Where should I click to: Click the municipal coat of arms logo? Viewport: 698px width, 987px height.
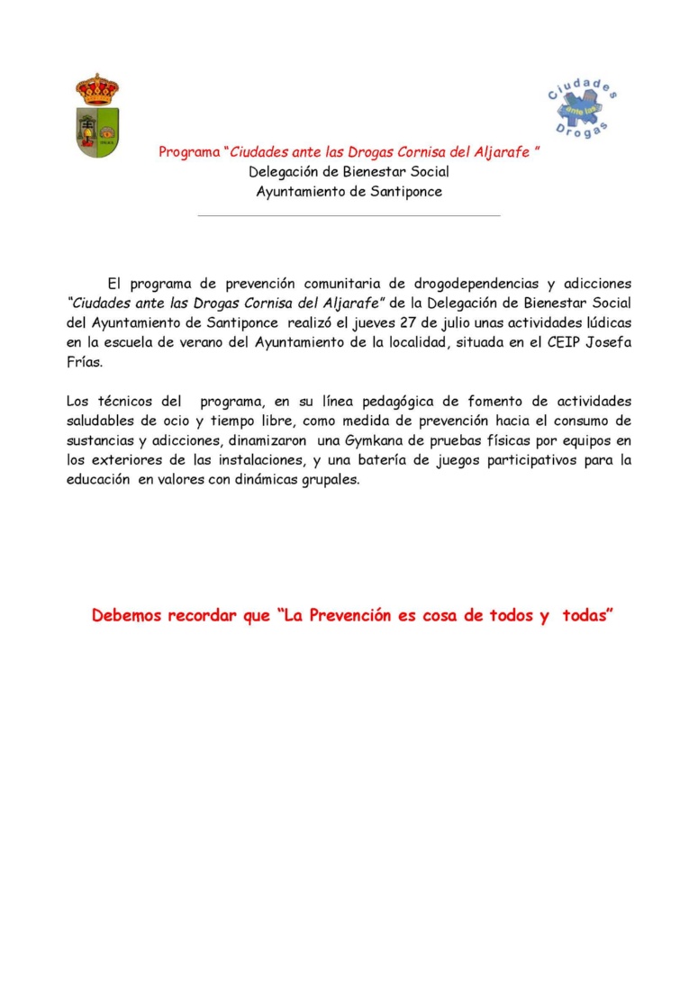(97, 117)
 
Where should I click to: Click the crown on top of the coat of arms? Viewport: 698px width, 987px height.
(97, 89)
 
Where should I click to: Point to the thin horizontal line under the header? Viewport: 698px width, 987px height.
(349, 216)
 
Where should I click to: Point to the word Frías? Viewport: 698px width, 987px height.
(86, 362)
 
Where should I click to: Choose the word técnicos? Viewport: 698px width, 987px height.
(128, 402)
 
